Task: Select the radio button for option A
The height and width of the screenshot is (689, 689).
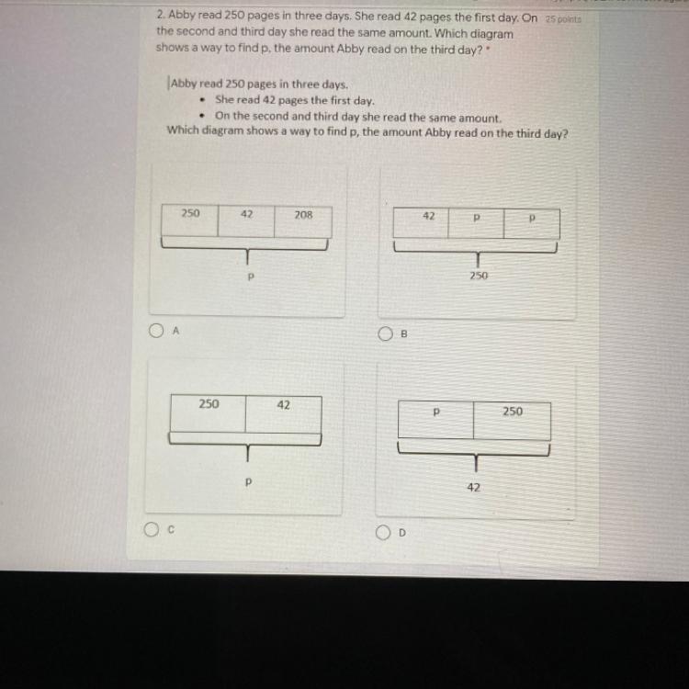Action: click(156, 331)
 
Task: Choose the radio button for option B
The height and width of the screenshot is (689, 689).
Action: click(385, 333)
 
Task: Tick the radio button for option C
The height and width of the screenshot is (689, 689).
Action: click(152, 529)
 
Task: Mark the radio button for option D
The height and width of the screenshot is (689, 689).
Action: click(383, 533)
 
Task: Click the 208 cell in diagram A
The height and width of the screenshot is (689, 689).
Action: click(303, 221)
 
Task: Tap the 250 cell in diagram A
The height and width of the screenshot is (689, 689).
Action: click(190, 220)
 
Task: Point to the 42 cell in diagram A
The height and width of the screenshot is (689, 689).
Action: click(246, 220)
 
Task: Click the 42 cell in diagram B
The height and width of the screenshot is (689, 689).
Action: click(421, 223)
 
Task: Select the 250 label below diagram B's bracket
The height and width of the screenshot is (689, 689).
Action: click(479, 276)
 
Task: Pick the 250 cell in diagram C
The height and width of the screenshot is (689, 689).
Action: click(209, 413)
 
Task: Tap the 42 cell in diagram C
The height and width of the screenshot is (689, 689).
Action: click(284, 414)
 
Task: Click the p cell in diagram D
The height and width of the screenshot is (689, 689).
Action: click(435, 420)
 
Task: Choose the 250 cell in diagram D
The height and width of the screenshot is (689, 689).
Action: click(512, 421)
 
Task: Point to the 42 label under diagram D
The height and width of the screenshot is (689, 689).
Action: click(473, 487)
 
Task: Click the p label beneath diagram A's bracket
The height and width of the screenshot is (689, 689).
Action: click(251, 277)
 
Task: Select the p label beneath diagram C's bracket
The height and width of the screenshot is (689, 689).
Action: click(248, 482)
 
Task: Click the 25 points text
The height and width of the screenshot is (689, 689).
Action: click(563, 19)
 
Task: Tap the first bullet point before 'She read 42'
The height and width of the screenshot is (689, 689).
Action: click(202, 100)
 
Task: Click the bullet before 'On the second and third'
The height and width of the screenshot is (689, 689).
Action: click(202, 116)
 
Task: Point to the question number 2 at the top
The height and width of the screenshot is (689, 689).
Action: click(161, 15)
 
